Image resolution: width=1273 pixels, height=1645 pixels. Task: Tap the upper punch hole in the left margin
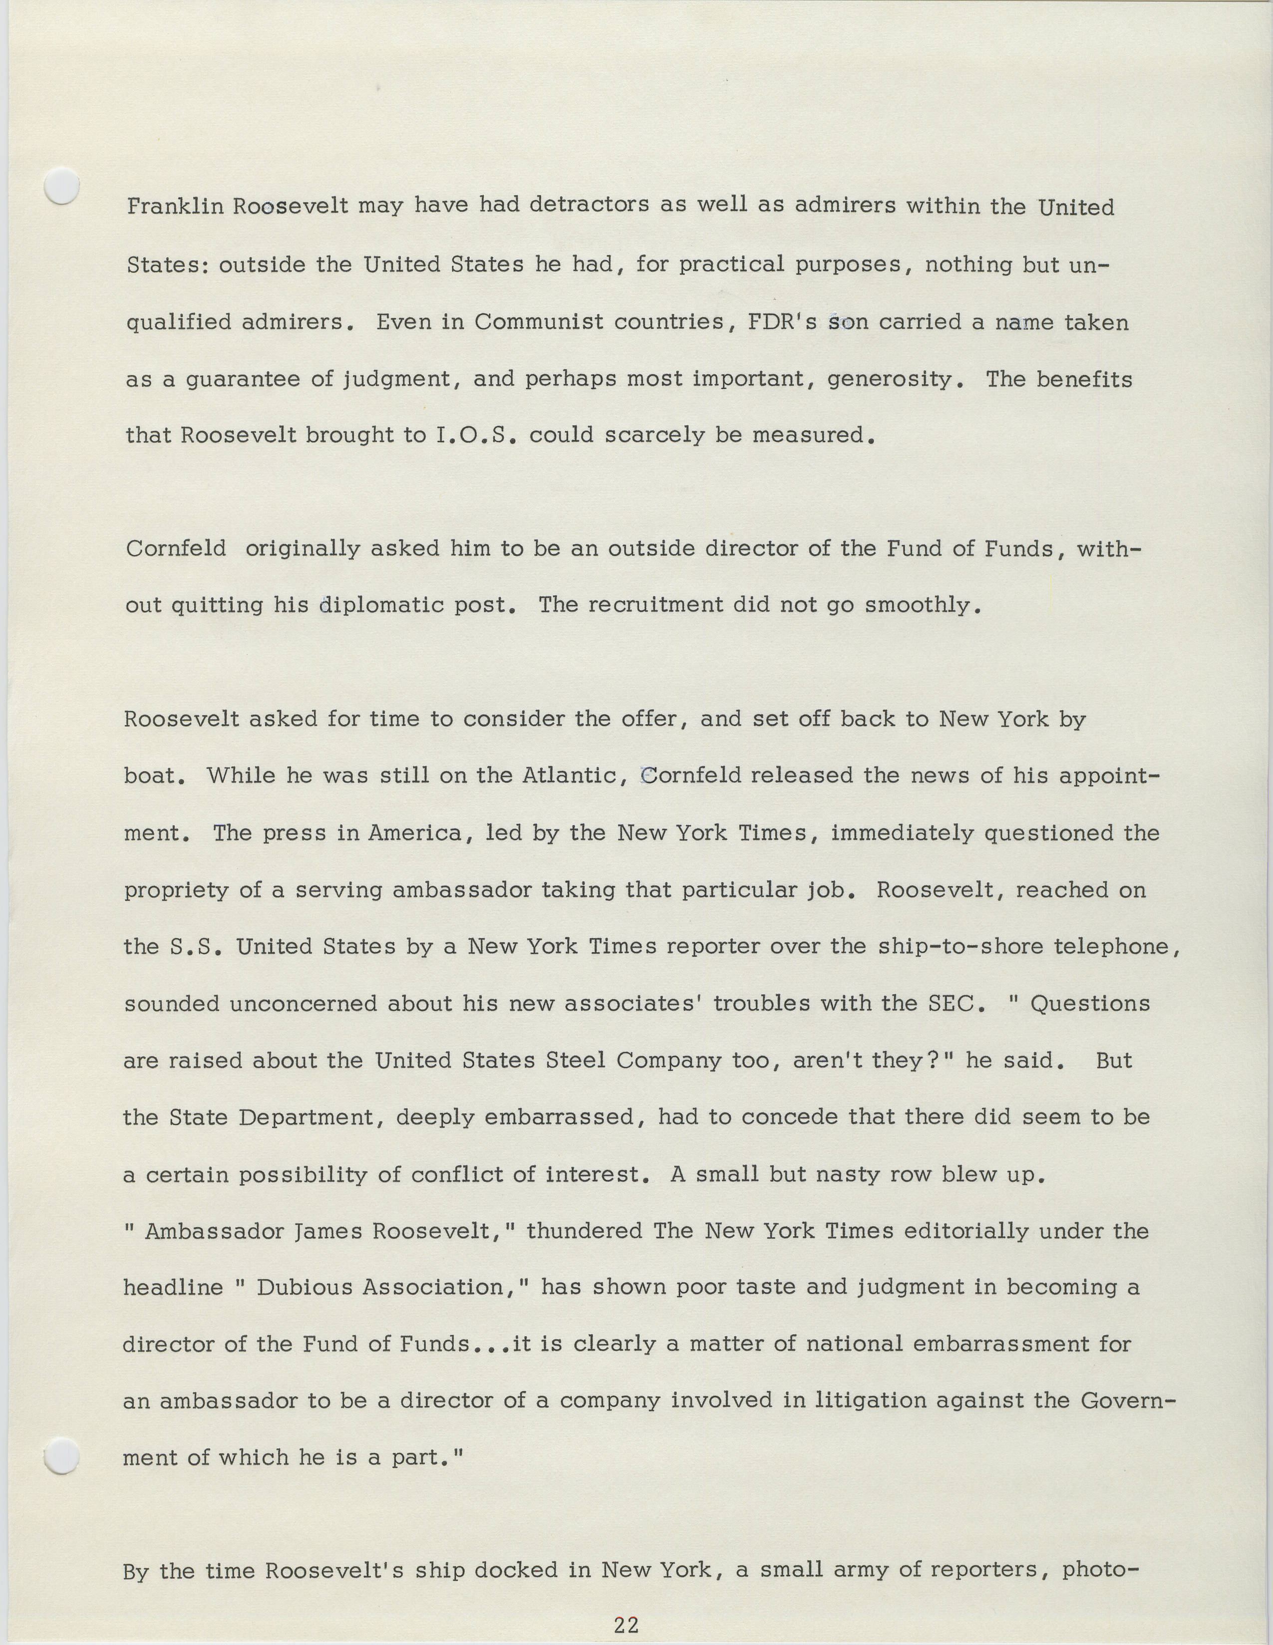tap(62, 185)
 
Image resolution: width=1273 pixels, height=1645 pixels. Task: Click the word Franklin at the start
tap(175, 207)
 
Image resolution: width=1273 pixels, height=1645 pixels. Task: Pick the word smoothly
tap(923, 605)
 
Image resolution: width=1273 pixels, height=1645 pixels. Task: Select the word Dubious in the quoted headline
tap(305, 1288)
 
